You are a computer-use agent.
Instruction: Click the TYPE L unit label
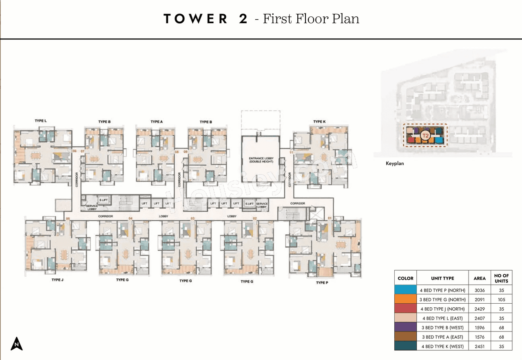[x=40, y=121]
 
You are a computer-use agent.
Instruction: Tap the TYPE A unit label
[x=157, y=122]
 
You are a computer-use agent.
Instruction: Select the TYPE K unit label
[x=319, y=122]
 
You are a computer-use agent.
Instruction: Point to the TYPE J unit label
[x=58, y=280]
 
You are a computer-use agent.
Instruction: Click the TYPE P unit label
[x=322, y=282]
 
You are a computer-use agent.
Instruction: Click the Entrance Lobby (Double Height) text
[x=261, y=160]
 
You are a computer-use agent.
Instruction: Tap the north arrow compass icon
[x=17, y=344]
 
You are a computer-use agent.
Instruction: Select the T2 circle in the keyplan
[x=425, y=135]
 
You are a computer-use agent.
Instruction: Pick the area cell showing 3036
[x=480, y=290]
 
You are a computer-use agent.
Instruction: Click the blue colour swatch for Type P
[x=405, y=290]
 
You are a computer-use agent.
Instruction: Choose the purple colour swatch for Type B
[x=405, y=327]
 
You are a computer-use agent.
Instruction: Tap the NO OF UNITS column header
[x=501, y=278]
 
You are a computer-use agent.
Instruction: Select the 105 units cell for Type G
[x=501, y=300]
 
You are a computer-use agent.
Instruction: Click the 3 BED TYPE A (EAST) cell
[x=442, y=337]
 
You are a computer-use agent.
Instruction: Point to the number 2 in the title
[x=243, y=19]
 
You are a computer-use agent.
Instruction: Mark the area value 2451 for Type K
[x=480, y=346]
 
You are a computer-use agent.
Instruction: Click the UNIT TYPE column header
[x=442, y=278]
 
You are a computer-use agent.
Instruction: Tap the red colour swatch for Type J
[x=405, y=309]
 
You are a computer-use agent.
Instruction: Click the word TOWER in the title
[x=196, y=19]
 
